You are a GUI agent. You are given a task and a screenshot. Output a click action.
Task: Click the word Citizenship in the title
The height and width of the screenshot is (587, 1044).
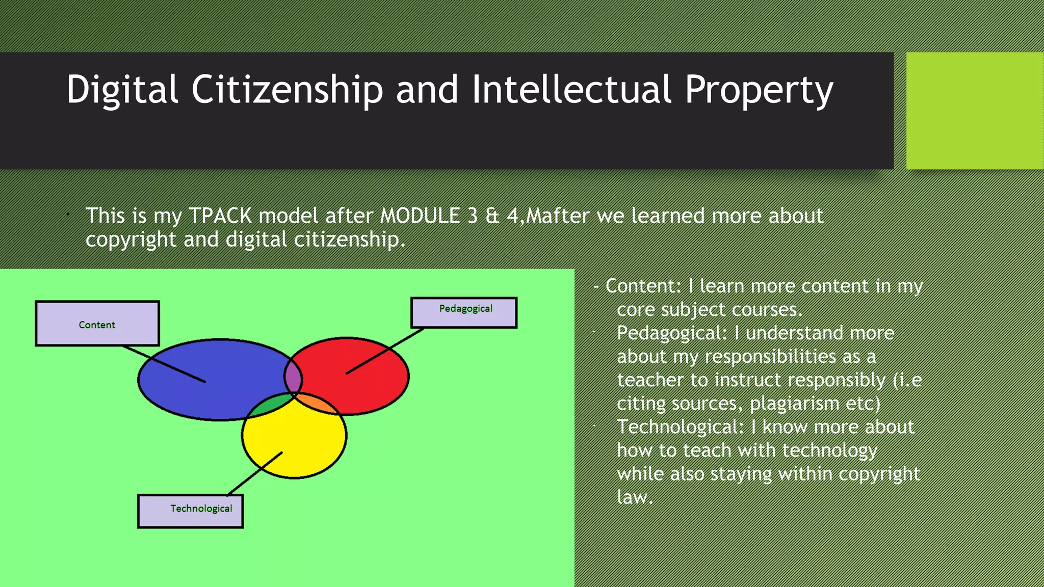pyautogui.click(x=286, y=90)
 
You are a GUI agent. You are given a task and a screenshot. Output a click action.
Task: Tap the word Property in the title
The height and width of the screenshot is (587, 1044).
pyautogui.click(x=759, y=90)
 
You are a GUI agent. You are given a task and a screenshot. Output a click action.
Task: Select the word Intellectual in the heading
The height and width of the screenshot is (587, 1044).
pyautogui.click(x=571, y=90)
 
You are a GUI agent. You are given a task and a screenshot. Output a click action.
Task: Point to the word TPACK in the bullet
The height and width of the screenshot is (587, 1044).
pyautogui.click(x=220, y=216)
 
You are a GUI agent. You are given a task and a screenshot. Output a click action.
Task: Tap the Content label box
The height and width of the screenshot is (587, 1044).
pyautogui.click(x=97, y=324)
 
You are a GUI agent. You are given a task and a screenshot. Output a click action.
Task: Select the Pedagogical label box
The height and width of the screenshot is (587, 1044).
pyautogui.click(x=464, y=312)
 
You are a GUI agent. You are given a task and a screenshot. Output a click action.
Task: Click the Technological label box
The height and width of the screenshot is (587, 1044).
pyautogui.click(x=190, y=511)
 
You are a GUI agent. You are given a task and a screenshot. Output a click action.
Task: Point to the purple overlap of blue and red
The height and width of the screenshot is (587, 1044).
pyautogui.click(x=293, y=377)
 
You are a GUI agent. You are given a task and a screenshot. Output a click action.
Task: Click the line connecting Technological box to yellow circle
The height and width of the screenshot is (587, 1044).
pyautogui.click(x=255, y=473)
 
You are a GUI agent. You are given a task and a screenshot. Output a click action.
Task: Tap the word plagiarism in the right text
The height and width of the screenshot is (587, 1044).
pyautogui.click(x=794, y=404)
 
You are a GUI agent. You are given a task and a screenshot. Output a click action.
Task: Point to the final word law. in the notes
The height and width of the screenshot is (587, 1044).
pyautogui.click(x=635, y=497)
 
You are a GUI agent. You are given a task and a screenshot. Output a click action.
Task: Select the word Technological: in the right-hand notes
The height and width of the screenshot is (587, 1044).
pyautogui.click(x=681, y=427)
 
